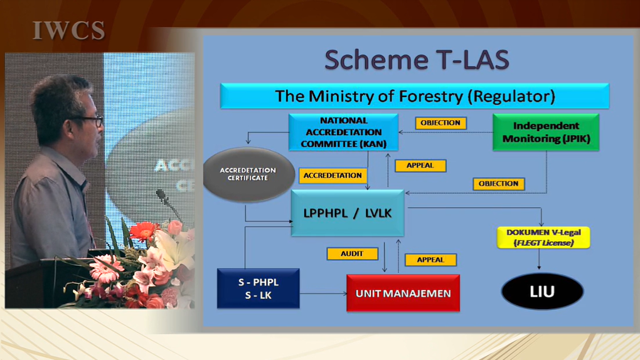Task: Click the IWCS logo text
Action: [68, 31]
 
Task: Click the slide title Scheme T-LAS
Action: [417, 60]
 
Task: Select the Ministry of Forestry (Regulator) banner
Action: [415, 96]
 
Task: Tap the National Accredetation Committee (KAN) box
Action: [343, 132]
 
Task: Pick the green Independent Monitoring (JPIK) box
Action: [546, 132]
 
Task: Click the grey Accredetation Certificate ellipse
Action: [248, 174]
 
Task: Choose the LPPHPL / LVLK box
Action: [348, 213]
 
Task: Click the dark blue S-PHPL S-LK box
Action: [259, 289]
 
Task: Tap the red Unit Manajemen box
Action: [403, 293]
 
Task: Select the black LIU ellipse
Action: [542, 292]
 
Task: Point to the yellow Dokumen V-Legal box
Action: [543, 238]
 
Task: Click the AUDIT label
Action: [352, 254]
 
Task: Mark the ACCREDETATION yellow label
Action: [333, 176]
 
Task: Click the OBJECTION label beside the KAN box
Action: [441, 123]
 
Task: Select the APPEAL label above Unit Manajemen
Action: [430, 260]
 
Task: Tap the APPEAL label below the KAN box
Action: [420, 166]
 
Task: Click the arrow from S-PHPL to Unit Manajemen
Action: [323, 294]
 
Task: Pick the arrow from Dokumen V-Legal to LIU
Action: [539, 259]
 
